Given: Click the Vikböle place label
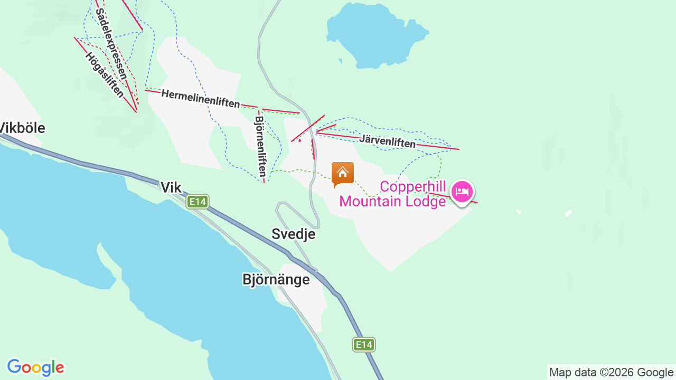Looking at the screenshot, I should (x=22, y=128).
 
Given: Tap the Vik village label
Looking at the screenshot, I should (x=171, y=187).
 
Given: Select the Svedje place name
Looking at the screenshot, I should (x=293, y=234).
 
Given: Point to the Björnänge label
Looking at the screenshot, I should (x=276, y=279).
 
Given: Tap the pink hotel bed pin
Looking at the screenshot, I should (x=462, y=192).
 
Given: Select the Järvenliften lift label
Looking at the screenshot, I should (x=387, y=141).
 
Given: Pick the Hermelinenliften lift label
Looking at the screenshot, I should (x=200, y=98).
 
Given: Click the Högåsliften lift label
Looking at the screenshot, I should (x=104, y=75).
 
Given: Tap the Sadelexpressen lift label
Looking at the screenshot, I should (x=111, y=44).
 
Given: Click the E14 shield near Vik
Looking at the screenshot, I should (x=198, y=202).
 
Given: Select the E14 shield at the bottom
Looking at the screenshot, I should (x=364, y=345).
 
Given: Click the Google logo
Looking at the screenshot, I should (x=35, y=367).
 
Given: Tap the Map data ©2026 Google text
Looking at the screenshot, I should (x=611, y=373).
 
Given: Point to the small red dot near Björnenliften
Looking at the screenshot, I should (x=299, y=140).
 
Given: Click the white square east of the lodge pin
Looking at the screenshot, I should (x=568, y=213).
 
